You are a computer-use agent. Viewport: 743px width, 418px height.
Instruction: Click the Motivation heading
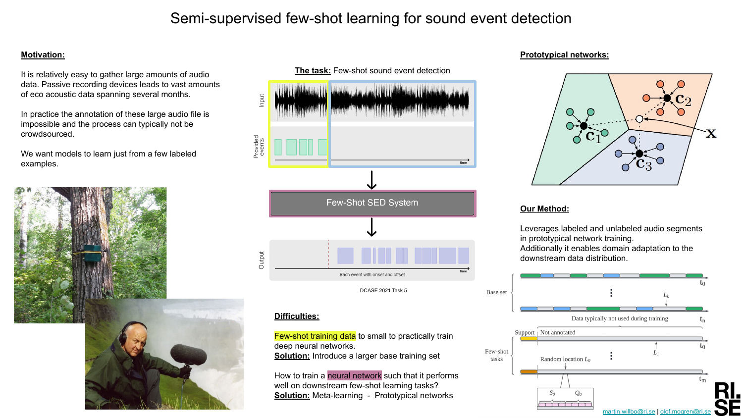tap(43, 55)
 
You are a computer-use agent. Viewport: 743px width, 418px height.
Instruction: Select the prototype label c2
tap(683, 100)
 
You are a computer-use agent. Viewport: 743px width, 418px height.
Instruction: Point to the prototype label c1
tap(593, 136)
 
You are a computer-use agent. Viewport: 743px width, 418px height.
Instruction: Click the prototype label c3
tap(644, 164)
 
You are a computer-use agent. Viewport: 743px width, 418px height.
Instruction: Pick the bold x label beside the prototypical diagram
tap(711, 133)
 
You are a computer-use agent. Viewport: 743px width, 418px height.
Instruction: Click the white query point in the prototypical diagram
tap(639, 119)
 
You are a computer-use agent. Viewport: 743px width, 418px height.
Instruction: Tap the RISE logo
tap(728, 399)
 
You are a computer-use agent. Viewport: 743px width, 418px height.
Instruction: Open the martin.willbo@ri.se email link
tap(629, 412)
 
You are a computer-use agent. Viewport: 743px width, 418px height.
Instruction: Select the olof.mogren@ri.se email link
tap(685, 412)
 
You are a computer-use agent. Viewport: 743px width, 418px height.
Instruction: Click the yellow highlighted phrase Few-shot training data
tap(315, 336)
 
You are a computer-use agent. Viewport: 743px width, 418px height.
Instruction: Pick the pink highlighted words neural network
tap(355, 375)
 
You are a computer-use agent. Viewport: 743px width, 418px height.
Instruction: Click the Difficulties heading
tap(297, 316)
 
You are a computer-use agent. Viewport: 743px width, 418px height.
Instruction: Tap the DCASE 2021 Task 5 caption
tap(383, 290)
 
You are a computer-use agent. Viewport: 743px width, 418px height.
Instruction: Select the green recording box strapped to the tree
tap(92, 253)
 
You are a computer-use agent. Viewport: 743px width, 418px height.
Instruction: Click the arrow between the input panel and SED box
tap(372, 180)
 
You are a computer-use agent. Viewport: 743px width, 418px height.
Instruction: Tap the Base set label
tap(496, 292)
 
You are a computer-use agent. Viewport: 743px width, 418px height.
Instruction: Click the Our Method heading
tap(544, 209)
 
